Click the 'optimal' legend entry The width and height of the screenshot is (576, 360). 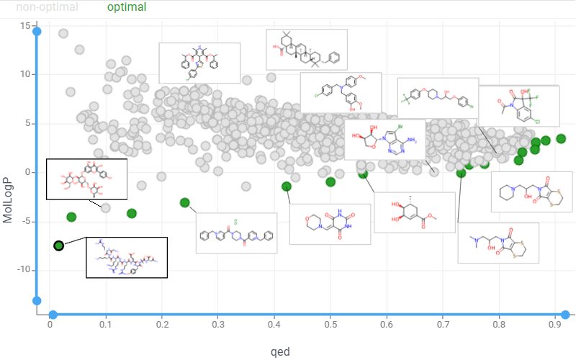tap(126, 7)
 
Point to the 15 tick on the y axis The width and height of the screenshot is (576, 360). tap(26, 26)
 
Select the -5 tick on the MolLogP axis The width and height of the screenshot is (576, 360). tap(26, 221)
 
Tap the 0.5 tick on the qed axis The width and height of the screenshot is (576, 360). tap(330, 325)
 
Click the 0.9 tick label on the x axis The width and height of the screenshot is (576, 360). tap(554, 325)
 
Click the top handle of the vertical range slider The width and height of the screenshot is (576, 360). tap(37, 31)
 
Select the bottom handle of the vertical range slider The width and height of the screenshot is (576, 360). tap(37, 301)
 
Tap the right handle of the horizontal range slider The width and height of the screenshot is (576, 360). tap(565, 315)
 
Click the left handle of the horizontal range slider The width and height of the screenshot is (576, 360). tap(53, 315)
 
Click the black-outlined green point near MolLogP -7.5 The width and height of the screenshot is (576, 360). tap(59, 246)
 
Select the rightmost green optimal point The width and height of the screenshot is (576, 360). tap(561, 138)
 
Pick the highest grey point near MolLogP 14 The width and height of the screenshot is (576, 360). tap(63, 34)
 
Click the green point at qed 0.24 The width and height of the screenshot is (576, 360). tap(185, 203)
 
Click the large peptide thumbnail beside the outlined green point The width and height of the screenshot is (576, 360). tap(126, 257)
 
